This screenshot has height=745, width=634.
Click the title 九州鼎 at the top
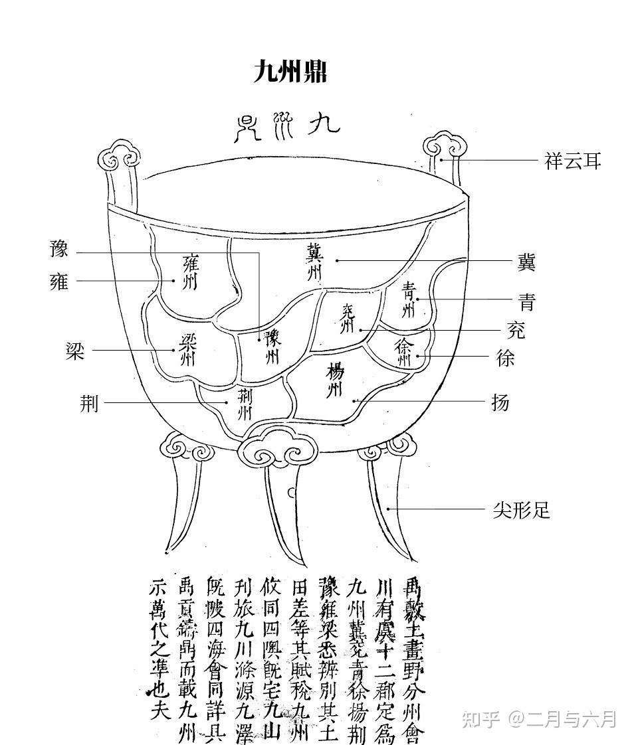[290, 71]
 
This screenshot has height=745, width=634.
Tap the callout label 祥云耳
[573, 161]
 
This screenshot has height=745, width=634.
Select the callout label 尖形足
[522, 510]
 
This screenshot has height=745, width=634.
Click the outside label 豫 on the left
[59, 250]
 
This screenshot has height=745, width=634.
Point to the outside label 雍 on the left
[59, 281]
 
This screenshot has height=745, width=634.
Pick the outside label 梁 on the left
[75, 351]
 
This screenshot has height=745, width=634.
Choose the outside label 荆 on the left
[89, 402]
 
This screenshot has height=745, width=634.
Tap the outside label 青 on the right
[526, 303]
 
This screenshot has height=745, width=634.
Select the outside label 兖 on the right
[516, 330]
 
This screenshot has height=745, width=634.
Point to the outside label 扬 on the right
[500, 402]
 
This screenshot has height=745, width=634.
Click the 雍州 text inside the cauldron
[190, 272]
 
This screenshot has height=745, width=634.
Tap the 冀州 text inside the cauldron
[314, 261]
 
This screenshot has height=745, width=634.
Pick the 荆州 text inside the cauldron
[245, 402]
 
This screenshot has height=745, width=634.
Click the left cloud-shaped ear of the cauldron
[119, 156]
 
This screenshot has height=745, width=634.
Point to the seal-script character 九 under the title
[324, 124]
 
